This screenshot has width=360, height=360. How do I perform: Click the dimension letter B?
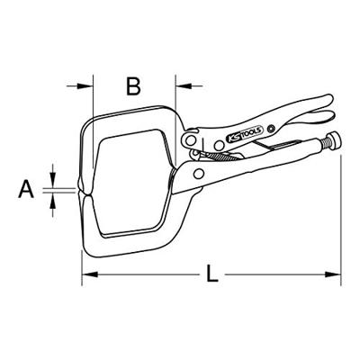(133, 86)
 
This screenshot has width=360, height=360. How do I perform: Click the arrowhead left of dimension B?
(89, 87)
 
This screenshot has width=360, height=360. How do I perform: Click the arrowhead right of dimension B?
(178, 87)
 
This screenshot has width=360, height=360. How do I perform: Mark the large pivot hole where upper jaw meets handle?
(190, 141)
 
